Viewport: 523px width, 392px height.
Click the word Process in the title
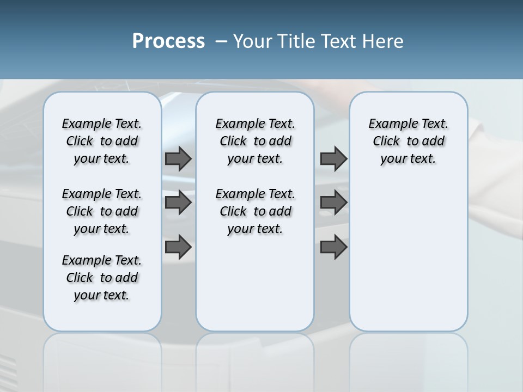pos(168,41)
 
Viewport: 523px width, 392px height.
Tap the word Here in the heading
pos(384,41)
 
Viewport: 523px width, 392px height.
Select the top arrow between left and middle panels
pos(178,158)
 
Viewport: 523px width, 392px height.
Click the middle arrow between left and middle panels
pos(178,203)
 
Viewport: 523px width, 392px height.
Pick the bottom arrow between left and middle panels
pos(178,247)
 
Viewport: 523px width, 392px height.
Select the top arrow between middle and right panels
pos(333,158)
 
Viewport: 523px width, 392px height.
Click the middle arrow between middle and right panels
pos(333,203)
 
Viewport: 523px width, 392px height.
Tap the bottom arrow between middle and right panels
pos(333,247)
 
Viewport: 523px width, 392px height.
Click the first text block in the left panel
pos(102,141)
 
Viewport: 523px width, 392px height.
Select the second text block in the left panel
pos(102,211)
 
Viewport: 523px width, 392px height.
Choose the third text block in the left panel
pos(102,278)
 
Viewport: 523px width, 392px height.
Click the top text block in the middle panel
pos(255,141)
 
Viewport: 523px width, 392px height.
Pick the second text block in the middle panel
pos(255,211)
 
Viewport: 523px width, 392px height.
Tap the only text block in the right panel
pos(408,141)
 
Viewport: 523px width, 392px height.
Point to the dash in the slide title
pos(221,41)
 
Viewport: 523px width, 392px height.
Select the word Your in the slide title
pos(253,41)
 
